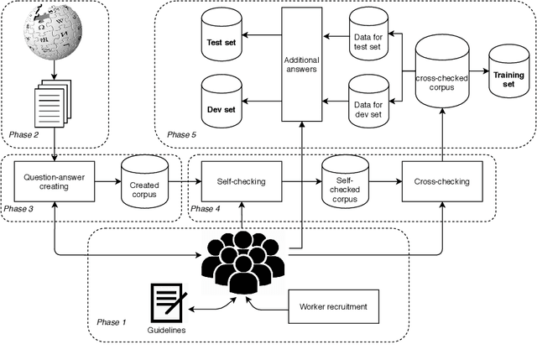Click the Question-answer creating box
click(x=55, y=181)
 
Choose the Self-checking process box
click(x=242, y=181)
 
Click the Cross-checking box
click(x=441, y=181)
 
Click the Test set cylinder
click(x=222, y=39)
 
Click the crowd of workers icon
click(x=242, y=261)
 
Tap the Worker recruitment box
click(x=333, y=305)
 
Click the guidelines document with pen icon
click(x=168, y=303)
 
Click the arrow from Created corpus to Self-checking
click(x=183, y=181)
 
